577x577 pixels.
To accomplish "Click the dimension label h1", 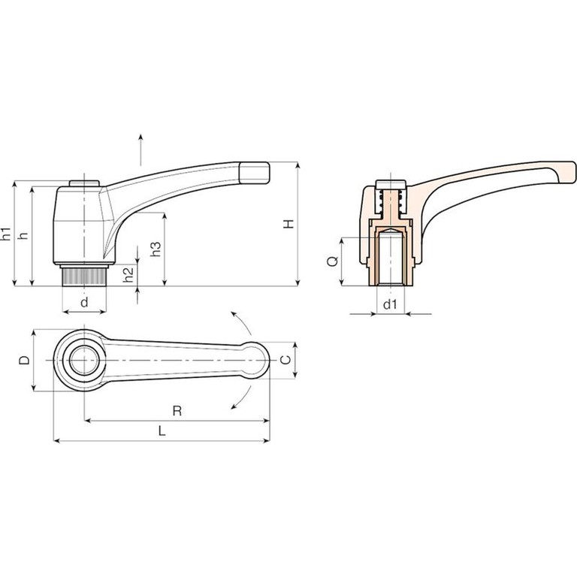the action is [7, 234].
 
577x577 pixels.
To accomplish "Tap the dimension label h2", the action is [128, 274].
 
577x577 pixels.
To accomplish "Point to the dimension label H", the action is [288, 223].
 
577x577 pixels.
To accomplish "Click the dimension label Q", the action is [333, 261].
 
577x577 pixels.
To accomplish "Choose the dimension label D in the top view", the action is [25, 360].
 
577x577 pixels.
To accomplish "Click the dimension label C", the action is [285, 360].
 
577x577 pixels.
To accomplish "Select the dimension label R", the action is [177, 411].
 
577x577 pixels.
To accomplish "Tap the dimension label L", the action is [162, 430].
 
